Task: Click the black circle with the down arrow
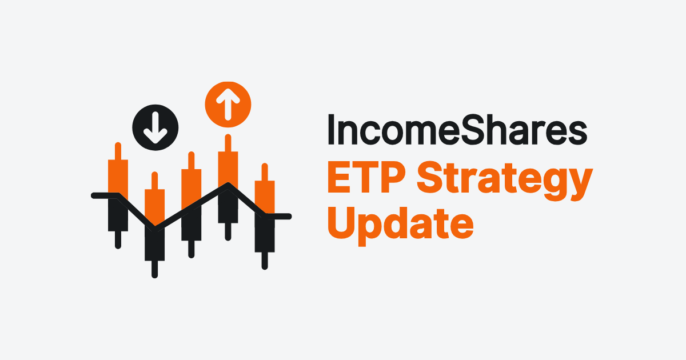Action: pyautogui.click(x=155, y=127)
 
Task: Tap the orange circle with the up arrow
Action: pyautogui.click(x=228, y=103)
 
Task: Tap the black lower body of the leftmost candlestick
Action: pyautogui.click(x=118, y=216)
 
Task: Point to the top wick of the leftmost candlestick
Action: pyautogui.click(x=118, y=151)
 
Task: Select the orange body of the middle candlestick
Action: pyautogui.click(x=192, y=189)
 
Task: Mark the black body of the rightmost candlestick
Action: pyautogui.click(x=264, y=234)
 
